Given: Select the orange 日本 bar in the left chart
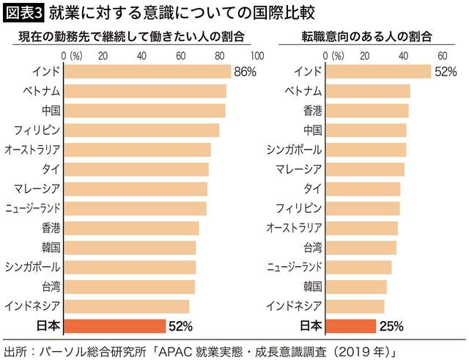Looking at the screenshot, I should [115, 325].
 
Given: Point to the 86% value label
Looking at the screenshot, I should [245, 72].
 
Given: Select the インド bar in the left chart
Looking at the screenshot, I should [147, 72].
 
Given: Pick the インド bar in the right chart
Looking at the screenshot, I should [378, 72].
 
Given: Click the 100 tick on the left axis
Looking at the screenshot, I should [256, 55].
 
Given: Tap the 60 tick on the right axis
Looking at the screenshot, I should [442, 55].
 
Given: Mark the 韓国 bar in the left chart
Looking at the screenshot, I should [130, 246].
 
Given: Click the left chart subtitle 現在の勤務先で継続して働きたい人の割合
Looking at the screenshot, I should [130, 36].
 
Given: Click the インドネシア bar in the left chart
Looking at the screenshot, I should [127, 305].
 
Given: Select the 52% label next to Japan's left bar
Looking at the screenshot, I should [180, 325].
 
